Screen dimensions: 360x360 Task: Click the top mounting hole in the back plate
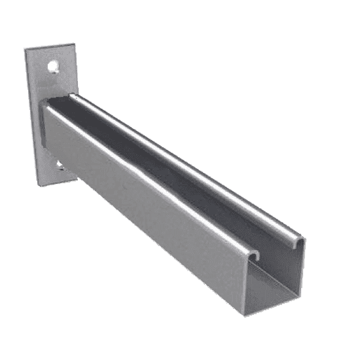point(53,65)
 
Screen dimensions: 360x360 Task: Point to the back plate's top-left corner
point(26,50)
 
